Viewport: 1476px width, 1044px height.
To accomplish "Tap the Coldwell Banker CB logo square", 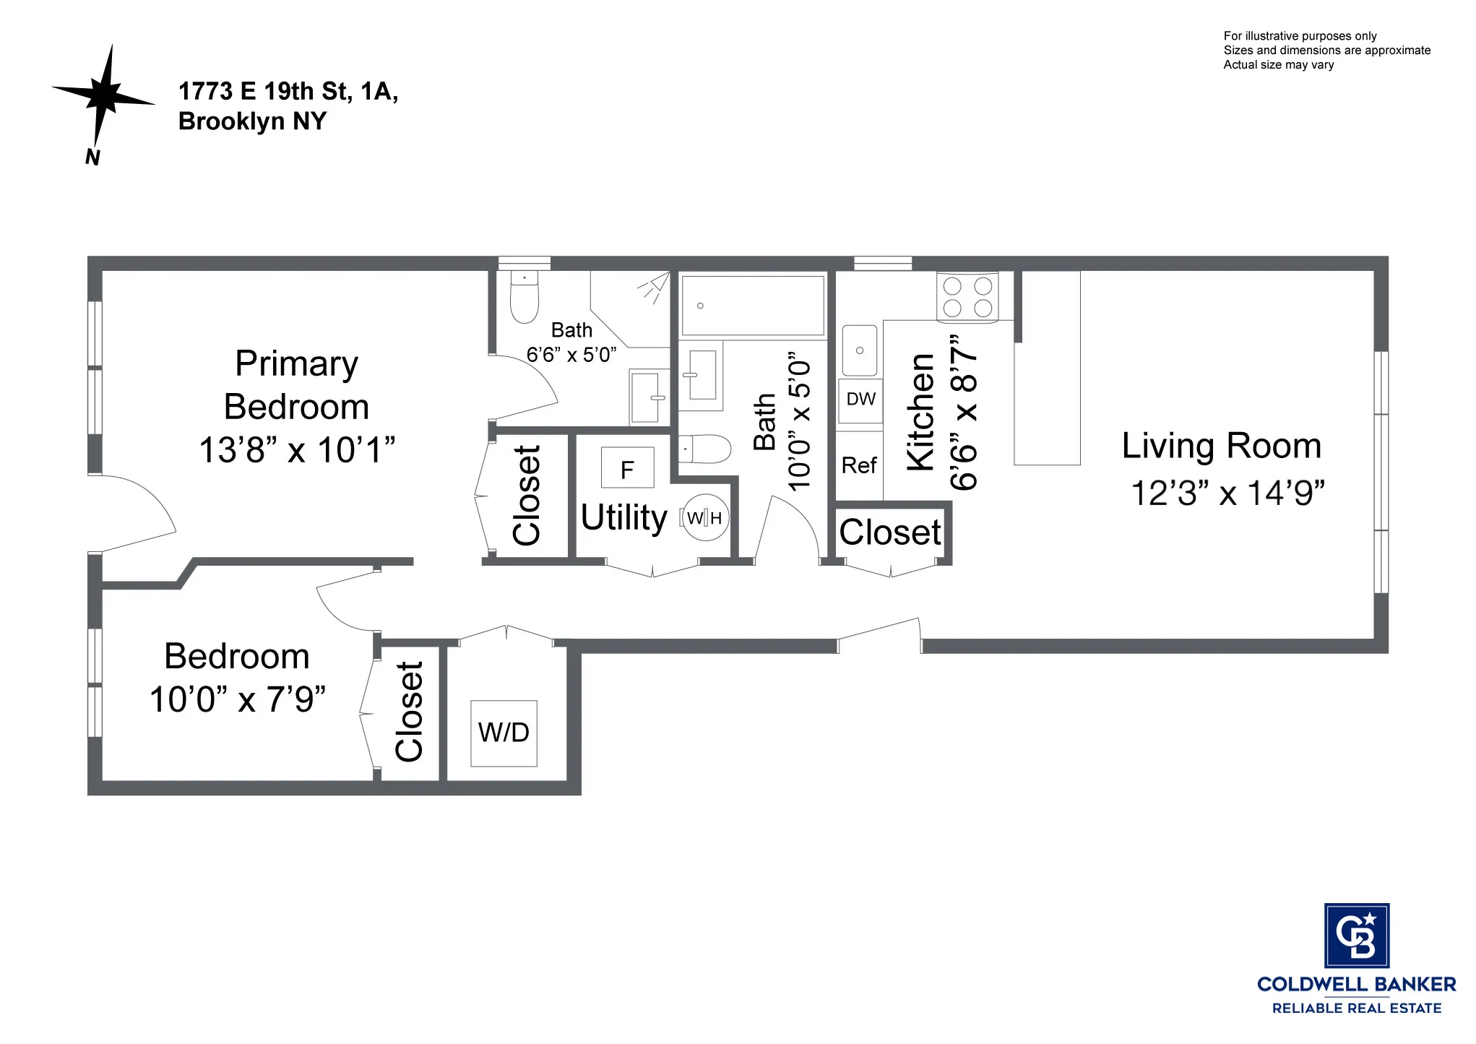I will click(x=1356, y=935).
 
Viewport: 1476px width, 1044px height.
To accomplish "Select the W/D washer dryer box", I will click(x=504, y=733).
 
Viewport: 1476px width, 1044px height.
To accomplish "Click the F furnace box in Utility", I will click(x=627, y=468).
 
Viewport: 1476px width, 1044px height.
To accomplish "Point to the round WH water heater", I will click(x=706, y=517).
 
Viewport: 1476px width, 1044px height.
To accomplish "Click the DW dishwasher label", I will click(x=860, y=400).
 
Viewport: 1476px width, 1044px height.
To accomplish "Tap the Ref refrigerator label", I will click(x=859, y=465).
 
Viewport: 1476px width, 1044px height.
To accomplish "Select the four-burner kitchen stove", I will click(x=967, y=297).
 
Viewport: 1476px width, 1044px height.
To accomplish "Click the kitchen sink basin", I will click(x=860, y=350).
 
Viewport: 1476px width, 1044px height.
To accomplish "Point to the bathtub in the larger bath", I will click(x=753, y=305).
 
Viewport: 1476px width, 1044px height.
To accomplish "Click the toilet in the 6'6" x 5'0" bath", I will click(x=525, y=298).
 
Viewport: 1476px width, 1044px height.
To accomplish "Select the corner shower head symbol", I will click(x=655, y=287).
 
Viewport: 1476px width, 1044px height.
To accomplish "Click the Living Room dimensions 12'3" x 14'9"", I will click(x=1227, y=493).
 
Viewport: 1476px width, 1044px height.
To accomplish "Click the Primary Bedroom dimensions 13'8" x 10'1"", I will click(x=297, y=450).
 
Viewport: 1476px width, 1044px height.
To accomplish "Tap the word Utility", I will click(x=624, y=517).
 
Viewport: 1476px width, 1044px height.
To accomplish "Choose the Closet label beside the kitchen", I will click(x=889, y=533).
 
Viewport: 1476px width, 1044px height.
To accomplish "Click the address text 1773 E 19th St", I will click(x=288, y=92).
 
